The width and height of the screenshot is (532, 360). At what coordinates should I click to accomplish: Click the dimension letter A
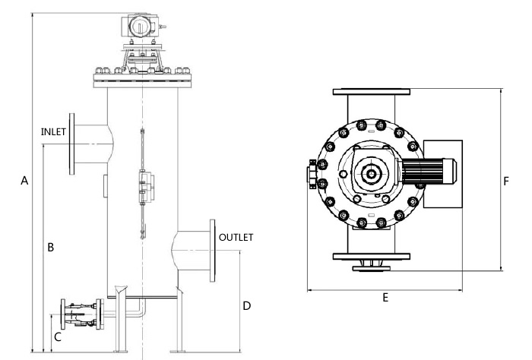24,181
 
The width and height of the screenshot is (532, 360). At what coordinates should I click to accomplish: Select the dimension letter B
50,247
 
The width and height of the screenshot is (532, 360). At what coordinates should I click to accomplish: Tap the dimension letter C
58,337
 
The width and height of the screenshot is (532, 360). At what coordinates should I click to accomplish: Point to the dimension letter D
246,306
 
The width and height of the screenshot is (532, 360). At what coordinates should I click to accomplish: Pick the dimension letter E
385,298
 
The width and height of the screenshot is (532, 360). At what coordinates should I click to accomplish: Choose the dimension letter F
506,182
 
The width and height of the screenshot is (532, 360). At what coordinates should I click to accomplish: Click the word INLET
54,131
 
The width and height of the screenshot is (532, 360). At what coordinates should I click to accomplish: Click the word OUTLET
236,238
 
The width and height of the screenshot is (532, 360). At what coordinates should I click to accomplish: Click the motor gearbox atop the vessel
141,24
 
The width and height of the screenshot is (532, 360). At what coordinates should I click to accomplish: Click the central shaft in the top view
371,174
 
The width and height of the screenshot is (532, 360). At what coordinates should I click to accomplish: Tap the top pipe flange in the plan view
371,92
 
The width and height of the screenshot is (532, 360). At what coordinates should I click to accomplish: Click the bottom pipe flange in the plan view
371,256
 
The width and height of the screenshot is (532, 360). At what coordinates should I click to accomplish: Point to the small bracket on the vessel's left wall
105,184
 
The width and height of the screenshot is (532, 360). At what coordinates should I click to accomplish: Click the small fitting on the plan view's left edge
312,174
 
